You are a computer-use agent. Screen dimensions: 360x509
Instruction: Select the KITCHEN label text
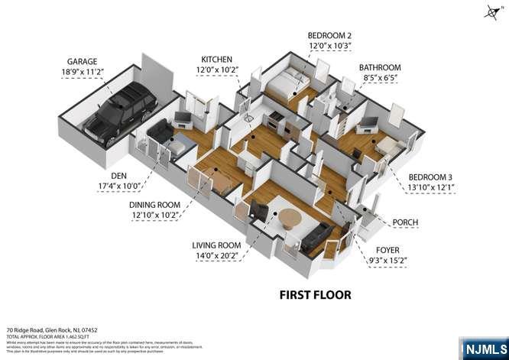[218, 60]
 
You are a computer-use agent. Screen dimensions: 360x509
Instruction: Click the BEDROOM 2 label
[330, 36]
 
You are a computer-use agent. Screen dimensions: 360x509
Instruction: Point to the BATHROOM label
[380, 67]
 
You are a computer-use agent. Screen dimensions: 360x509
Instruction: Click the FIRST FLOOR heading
[314, 294]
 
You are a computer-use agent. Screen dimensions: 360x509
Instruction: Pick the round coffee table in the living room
[291, 219]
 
